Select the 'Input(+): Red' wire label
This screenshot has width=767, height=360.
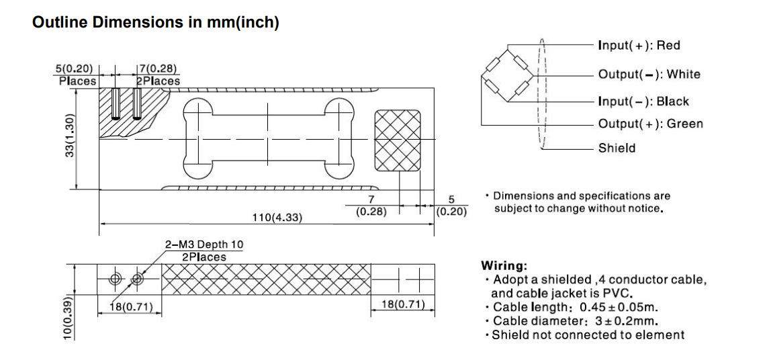tap(638, 46)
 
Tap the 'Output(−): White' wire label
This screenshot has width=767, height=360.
tap(649, 74)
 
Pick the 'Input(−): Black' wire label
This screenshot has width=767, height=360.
tap(643, 101)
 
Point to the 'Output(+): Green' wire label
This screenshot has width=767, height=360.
tap(650, 124)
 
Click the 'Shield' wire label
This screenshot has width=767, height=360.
tap(617, 148)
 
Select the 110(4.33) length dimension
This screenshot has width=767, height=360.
tap(277, 218)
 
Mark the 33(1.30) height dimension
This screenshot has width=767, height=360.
tap(69, 138)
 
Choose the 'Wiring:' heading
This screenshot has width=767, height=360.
tap(504, 265)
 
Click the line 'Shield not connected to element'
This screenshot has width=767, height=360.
tap(588, 334)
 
